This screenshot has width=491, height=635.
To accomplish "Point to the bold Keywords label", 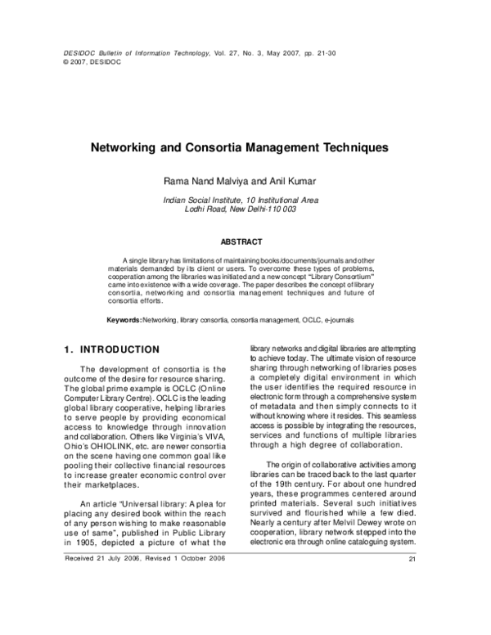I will tap(125, 318).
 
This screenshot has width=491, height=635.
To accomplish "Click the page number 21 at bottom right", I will tap(412, 605).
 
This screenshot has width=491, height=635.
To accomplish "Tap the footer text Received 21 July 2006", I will tap(102, 604).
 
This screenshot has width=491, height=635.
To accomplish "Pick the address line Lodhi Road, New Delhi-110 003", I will tap(245, 209).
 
